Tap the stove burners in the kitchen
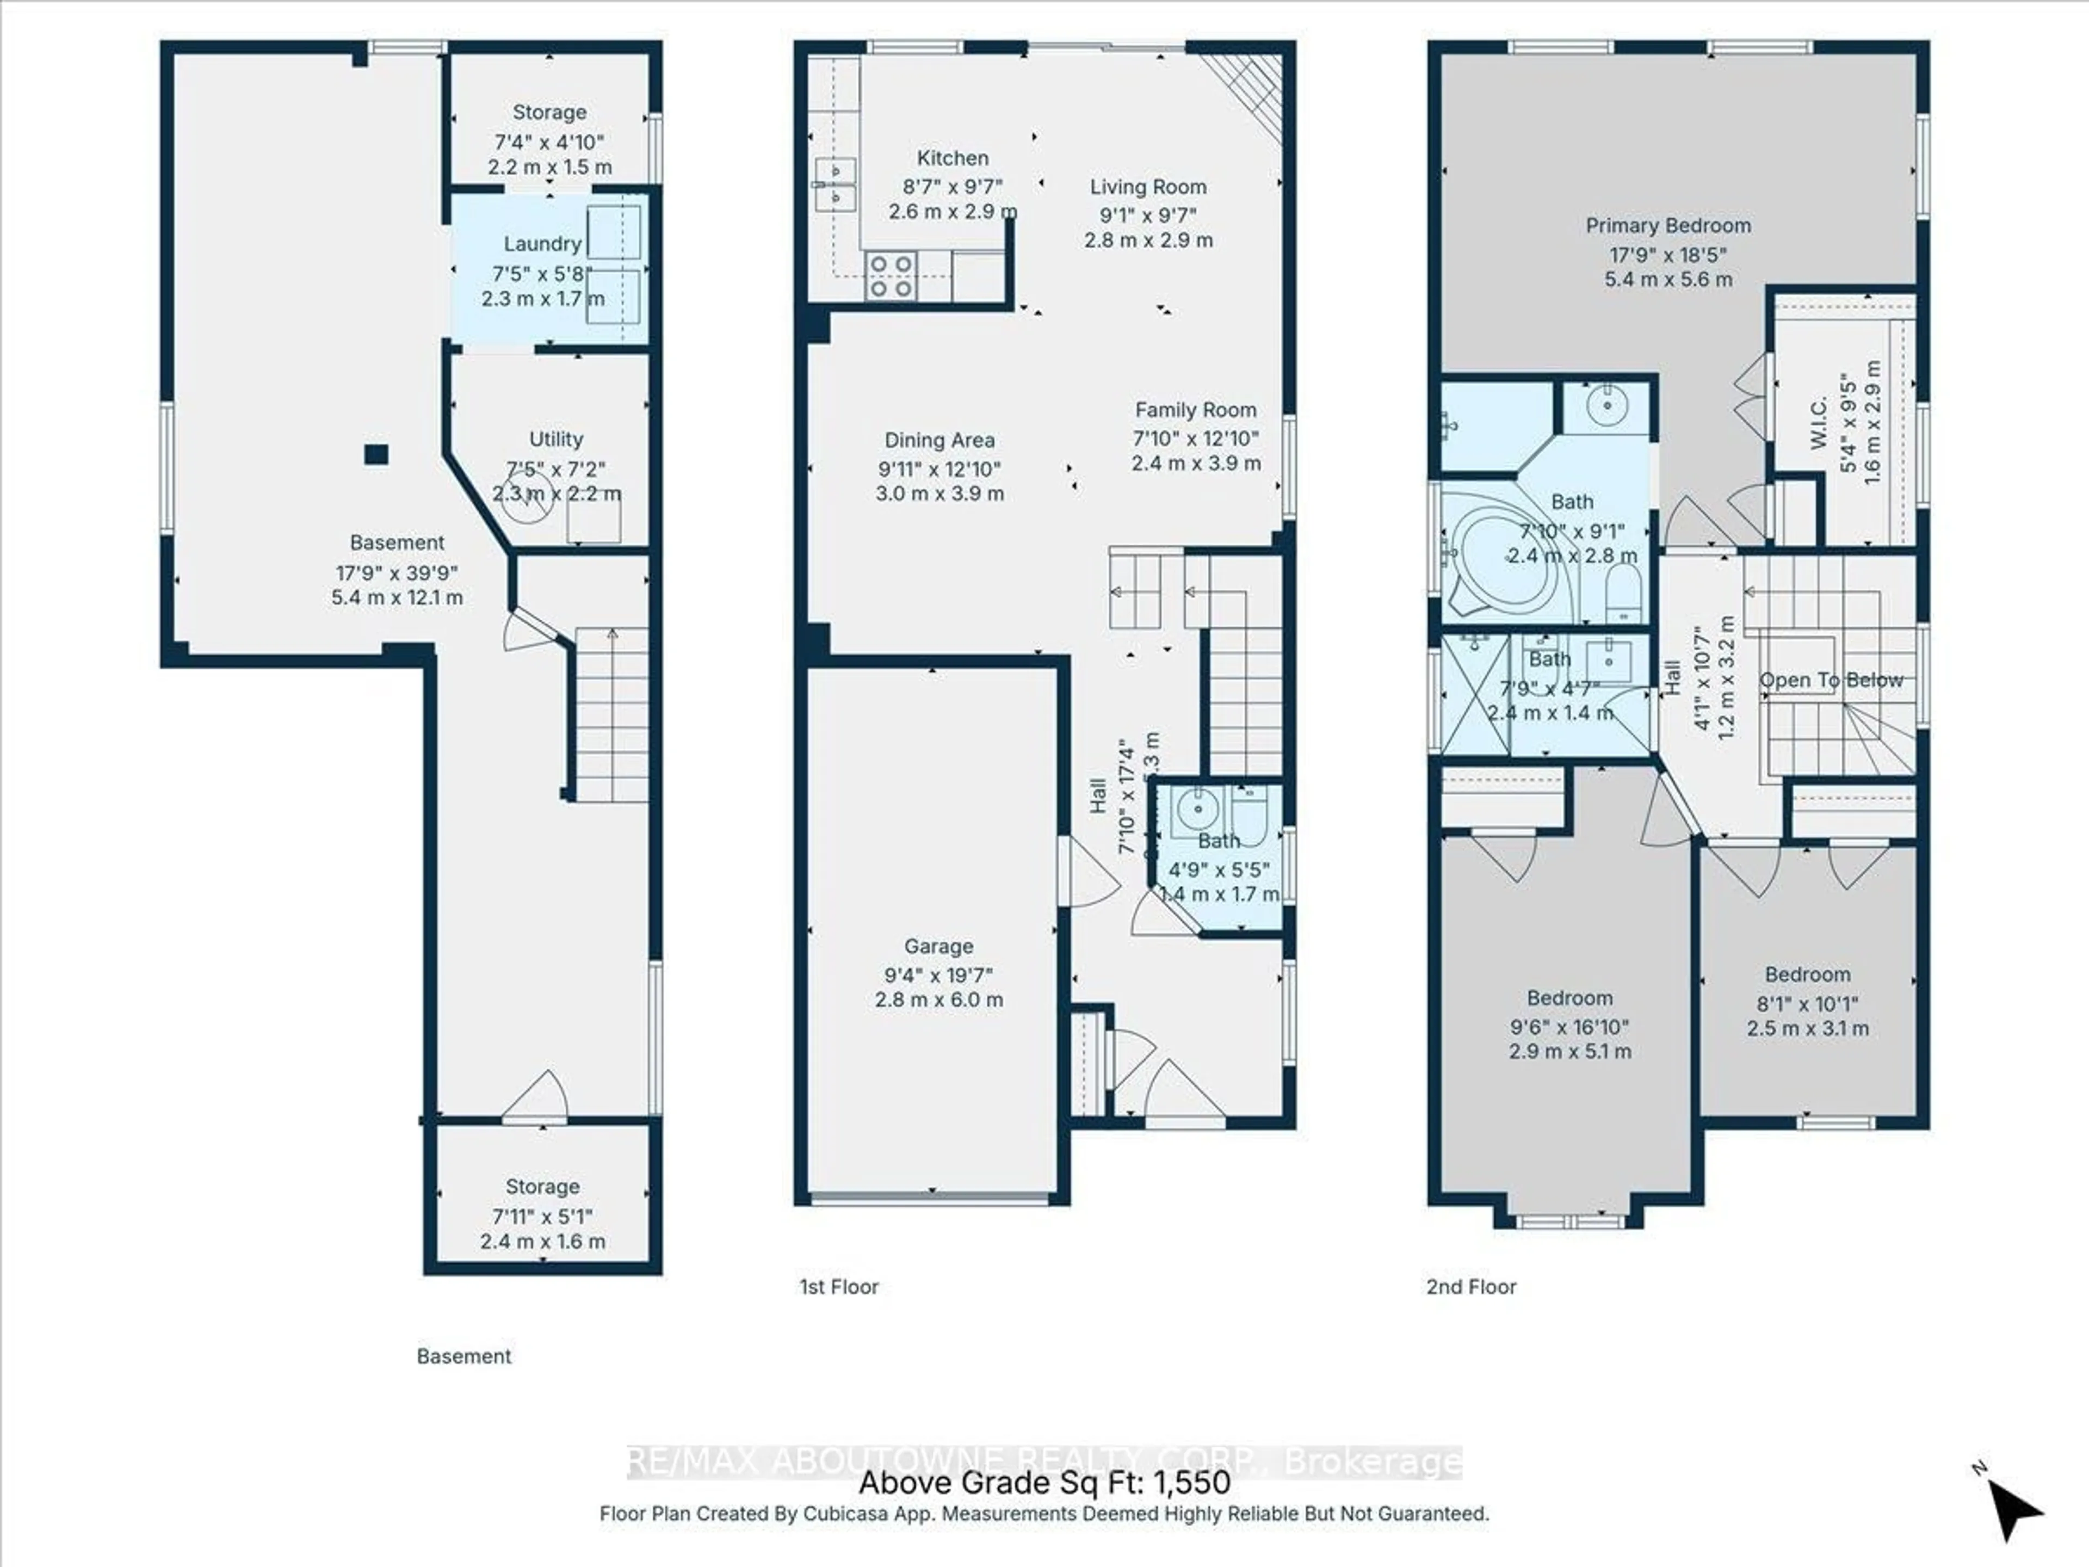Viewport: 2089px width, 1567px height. [889, 275]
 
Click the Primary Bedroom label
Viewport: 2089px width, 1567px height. [1668, 225]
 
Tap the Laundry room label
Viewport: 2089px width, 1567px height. [541, 244]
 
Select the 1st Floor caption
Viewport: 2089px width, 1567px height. [839, 1286]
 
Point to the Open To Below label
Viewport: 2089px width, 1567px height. [1830, 680]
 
